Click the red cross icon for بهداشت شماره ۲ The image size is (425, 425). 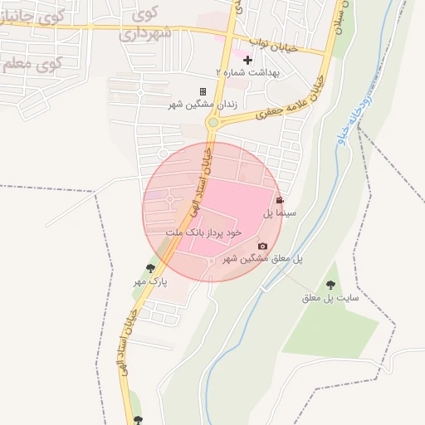pyautogui.click(x=247, y=60)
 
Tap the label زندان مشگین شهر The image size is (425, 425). pyautogui.click(x=203, y=105)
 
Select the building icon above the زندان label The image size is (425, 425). pyautogui.click(x=203, y=91)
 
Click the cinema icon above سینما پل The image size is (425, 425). pyautogui.click(x=280, y=200)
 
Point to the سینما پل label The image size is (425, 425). pyautogui.click(x=280, y=213)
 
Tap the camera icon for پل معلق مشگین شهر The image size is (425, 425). pyautogui.click(x=262, y=246)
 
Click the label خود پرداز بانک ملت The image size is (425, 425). pyautogui.click(x=203, y=233)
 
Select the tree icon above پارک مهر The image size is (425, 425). pyautogui.click(x=150, y=267)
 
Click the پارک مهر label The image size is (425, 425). pyautogui.click(x=150, y=281)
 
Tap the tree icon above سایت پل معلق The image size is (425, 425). pyautogui.click(x=330, y=284)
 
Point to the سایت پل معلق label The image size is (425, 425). pyautogui.click(x=330, y=297)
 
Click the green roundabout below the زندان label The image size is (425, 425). pyautogui.click(x=213, y=122)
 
